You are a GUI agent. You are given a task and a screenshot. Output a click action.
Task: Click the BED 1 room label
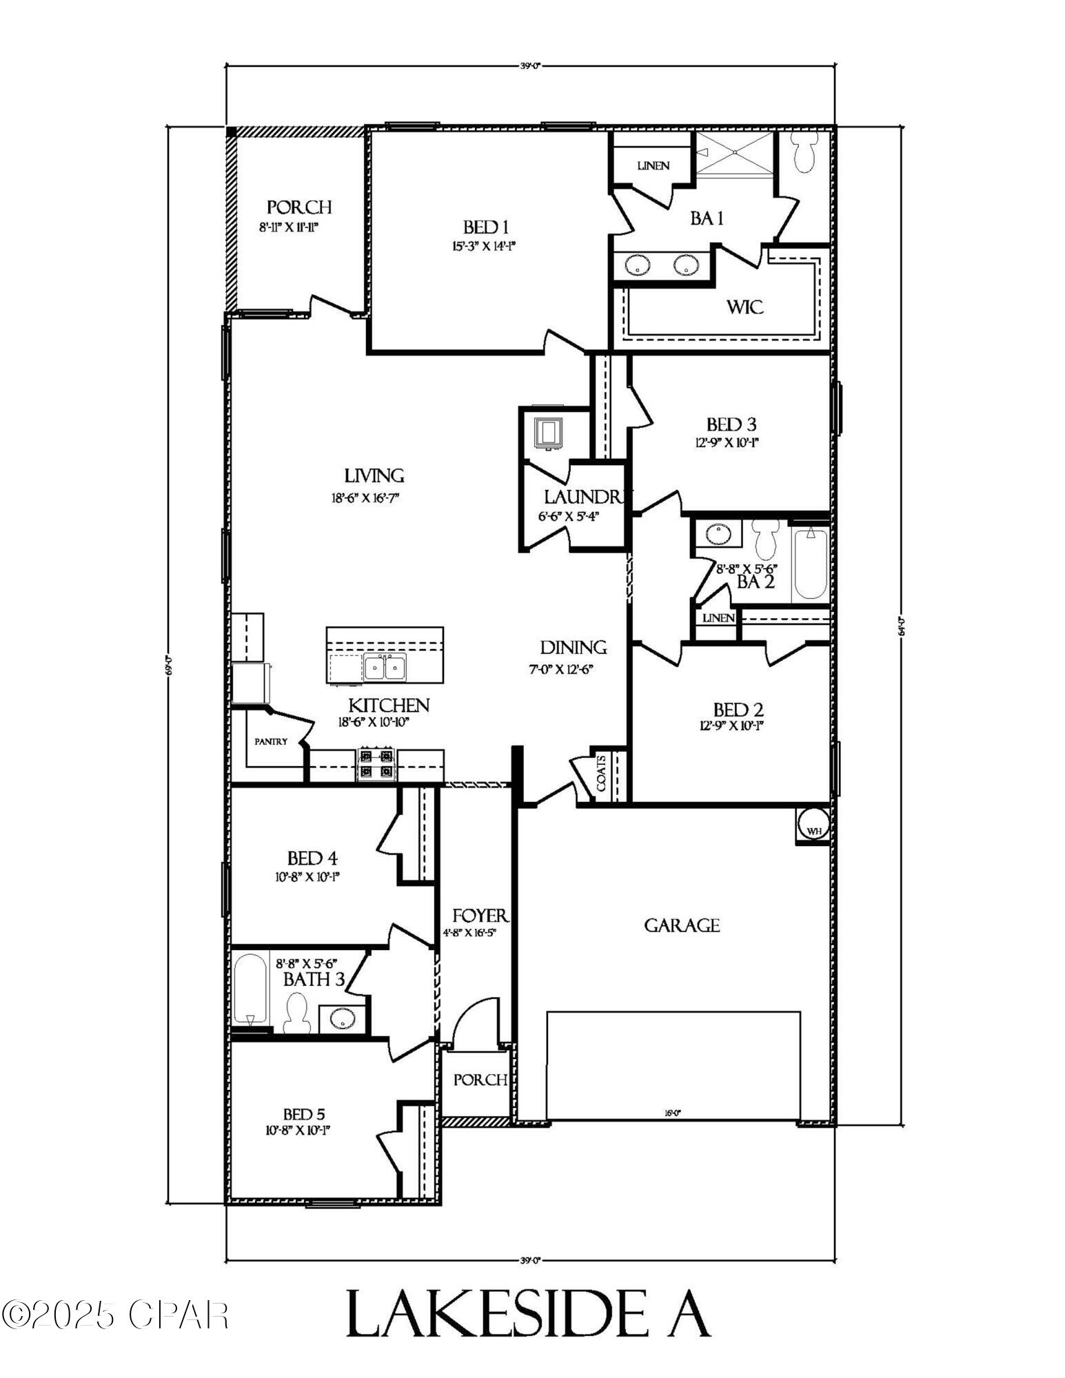pyautogui.click(x=485, y=227)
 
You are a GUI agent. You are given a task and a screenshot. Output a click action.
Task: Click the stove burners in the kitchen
pyautogui.click(x=376, y=763)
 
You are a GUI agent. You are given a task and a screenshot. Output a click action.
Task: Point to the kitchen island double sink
pyautogui.click(x=385, y=667)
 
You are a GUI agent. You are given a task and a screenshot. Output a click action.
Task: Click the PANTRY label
pyautogui.click(x=271, y=742)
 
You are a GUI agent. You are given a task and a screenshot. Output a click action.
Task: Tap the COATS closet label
pyautogui.click(x=601, y=773)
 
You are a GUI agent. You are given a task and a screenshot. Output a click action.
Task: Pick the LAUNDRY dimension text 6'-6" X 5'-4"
pyautogui.click(x=569, y=516)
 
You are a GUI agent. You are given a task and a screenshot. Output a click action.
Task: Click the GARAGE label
pyautogui.click(x=682, y=925)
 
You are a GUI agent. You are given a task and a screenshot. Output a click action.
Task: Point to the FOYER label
pyautogui.click(x=480, y=916)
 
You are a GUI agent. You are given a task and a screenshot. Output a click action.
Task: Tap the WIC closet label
pyautogui.click(x=745, y=307)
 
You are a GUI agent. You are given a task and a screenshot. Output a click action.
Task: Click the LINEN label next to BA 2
pyautogui.click(x=718, y=618)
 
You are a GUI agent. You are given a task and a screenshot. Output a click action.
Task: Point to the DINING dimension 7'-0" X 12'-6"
pyautogui.click(x=561, y=669)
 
